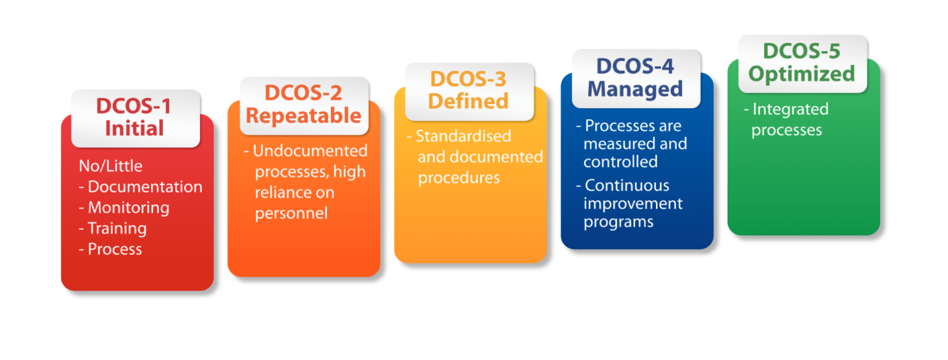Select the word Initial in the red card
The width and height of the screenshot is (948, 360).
135,128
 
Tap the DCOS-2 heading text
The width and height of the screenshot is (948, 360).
303,93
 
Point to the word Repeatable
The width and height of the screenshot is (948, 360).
304,115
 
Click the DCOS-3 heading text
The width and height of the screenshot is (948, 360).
468,79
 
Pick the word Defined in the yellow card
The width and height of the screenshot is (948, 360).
468,101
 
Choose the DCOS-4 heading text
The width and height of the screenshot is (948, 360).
635,66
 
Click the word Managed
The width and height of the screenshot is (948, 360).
635,88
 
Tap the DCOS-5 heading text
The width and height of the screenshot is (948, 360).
802,51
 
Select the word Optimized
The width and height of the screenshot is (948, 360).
802,73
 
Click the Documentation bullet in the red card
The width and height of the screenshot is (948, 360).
145,186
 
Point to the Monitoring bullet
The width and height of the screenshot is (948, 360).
128,207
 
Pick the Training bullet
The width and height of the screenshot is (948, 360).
117,228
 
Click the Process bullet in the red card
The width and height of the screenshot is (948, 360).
115,249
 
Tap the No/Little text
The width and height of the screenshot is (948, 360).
110,166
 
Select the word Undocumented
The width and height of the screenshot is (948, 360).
310,151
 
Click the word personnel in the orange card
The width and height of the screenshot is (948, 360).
291,214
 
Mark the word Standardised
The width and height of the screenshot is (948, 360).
455,136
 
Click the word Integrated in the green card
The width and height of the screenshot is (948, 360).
790,109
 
